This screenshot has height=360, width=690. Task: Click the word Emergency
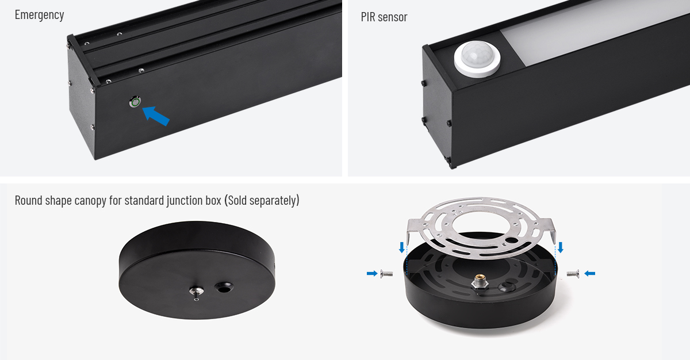[x=40, y=15]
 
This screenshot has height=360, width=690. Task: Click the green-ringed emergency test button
[x=135, y=102]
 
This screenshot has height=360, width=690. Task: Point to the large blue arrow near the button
[x=156, y=116]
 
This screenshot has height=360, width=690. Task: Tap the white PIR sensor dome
[x=477, y=59]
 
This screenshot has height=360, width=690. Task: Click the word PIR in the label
[x=368, y=17]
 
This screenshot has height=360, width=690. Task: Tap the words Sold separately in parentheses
[x=262, y=201]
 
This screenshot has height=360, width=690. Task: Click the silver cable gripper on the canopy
[x=196, y=292]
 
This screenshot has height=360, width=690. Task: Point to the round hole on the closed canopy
[x=224, y=288]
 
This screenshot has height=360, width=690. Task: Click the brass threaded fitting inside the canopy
[x=480, y=282]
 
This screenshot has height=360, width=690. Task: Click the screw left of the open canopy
[x=386, y=274]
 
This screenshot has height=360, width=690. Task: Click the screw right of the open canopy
[x=573, y=274]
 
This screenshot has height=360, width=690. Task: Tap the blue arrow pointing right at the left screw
[x=372, y=274]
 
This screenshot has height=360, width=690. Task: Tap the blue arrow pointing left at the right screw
[x=589, y=274]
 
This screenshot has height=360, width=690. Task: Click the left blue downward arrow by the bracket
[x=402, y=248]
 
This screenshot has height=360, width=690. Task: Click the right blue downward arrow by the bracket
[x=561, y=248]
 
